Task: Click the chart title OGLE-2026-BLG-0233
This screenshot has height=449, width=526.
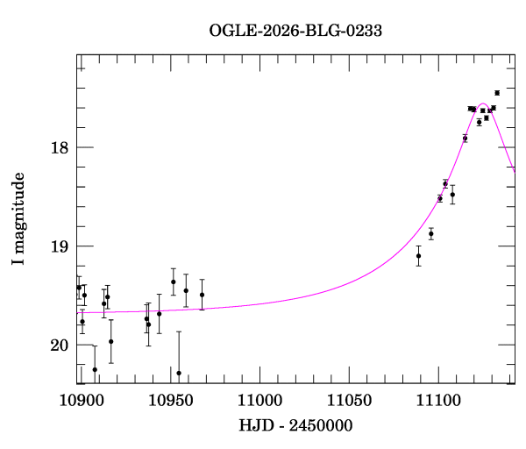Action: click(295, 30)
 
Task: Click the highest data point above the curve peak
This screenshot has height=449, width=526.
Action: click(497, 92)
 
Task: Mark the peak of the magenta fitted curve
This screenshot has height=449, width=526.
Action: click(483, 104)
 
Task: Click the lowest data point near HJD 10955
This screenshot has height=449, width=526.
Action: click(179, 373)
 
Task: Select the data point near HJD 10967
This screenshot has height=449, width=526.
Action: click(202, 295)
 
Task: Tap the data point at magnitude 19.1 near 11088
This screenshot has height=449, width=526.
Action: click(418, 256)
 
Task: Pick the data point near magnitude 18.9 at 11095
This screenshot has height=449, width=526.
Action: click(430, 233)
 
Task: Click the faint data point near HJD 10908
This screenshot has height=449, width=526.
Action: click(95, 369)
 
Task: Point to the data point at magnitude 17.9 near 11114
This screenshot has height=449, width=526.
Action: click(465, 138)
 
